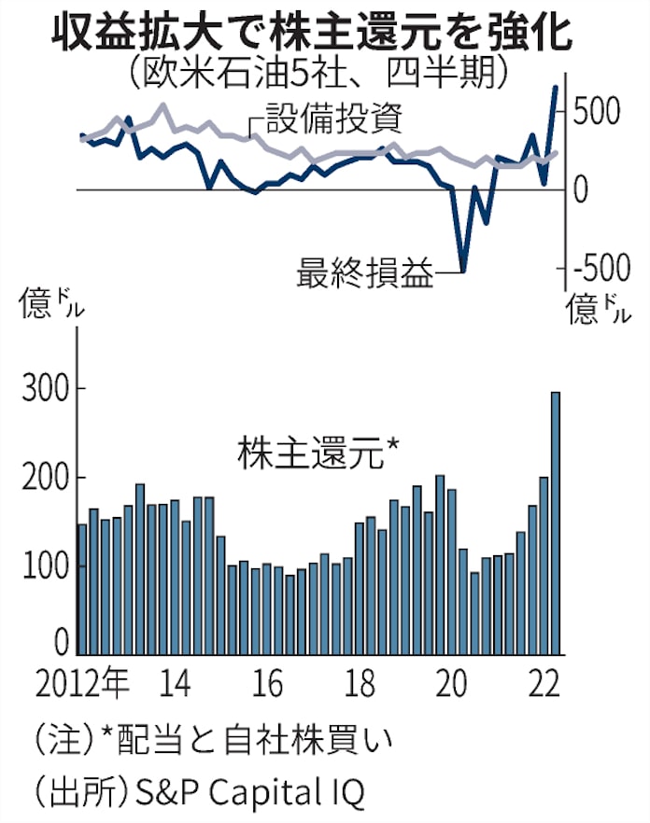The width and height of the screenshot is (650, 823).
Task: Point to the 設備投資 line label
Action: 333,119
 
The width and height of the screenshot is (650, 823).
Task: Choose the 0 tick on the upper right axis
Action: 582,190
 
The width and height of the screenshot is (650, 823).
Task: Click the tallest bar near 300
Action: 556,523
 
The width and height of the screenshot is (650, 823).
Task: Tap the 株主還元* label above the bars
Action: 318,454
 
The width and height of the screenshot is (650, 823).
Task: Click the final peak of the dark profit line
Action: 556,87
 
